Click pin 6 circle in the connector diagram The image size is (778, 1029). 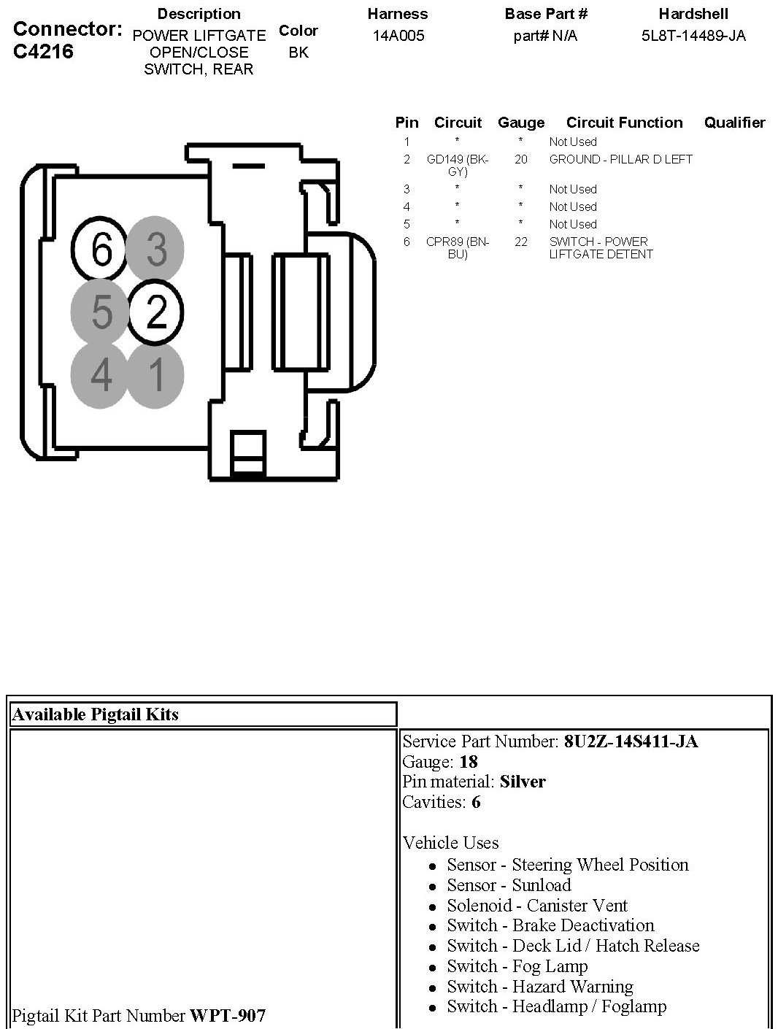click(101, 250)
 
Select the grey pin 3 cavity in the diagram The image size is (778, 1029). click(155, 249)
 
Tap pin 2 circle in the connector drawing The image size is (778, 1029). click(156, 312)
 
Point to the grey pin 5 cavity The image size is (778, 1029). click(101, 312)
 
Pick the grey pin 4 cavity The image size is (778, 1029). click(101, 376)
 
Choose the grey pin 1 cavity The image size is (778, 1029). click(155, 376)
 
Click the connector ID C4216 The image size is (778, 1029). click(44, 52)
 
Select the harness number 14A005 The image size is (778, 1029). click(398, 36)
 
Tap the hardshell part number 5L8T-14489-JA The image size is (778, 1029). click(693, 36)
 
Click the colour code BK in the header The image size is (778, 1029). click(299, 53)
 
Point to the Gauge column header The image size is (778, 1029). click(520, 123)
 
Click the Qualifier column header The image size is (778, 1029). click(734, 123)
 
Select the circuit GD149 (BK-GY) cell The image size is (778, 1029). click(458, 165)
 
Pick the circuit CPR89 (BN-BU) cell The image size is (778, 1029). click(458, 247)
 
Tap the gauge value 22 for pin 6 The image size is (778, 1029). click(520, 242)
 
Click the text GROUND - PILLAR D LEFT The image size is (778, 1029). click(620, 159)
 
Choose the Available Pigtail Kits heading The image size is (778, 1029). click(96, 714)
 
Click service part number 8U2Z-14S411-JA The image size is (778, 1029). click(631, 741)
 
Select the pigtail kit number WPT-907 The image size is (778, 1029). click(228, 1015)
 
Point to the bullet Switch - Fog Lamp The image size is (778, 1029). click(517, 966)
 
